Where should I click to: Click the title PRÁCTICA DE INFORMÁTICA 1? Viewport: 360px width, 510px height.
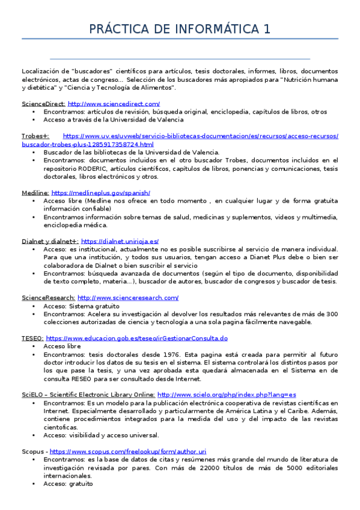point(180,29)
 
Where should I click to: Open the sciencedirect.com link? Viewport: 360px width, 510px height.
point(114,104)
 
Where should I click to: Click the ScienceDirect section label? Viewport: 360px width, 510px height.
point(43,104)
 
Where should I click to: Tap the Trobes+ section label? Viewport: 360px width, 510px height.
point(35,137)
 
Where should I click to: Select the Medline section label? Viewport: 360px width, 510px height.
point(35,192)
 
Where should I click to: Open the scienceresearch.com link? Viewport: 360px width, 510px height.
point(128,298)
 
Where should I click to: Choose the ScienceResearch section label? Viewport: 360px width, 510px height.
point(48,298)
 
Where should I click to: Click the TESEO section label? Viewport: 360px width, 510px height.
point(32,339)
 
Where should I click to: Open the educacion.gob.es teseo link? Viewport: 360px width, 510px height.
point(136,339)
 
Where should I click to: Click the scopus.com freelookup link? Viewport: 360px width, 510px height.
point(128,451)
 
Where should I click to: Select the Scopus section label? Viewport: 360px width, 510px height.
point(32,451)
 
